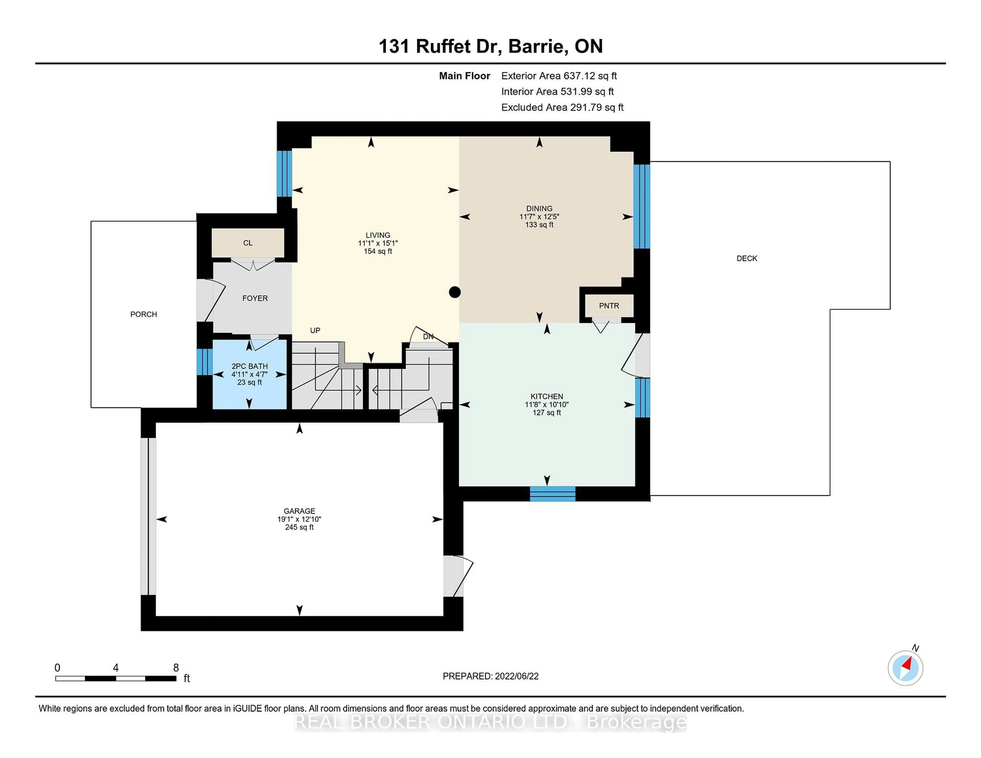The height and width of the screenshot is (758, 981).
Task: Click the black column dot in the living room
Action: (454, 292)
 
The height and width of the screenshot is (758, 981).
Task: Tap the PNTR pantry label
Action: (609, 306)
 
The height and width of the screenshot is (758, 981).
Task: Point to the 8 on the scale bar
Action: (176, 668)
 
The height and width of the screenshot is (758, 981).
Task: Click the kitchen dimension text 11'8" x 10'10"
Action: (547, 405)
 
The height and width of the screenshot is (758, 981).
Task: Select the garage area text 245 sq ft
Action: (299, 527)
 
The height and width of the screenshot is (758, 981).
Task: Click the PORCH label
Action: (144, 314)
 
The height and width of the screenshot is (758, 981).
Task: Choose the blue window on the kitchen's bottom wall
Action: (553, 493)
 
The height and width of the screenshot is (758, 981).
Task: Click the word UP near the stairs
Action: (315, 330)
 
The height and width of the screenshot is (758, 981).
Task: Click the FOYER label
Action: (255, 299)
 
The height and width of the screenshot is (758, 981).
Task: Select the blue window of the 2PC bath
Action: (204, 361)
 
